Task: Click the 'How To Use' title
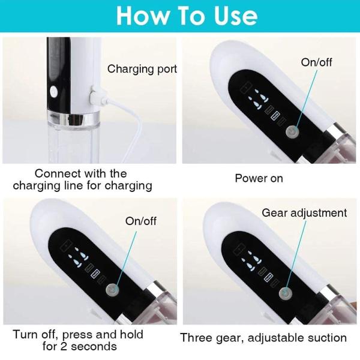[x=179, y=16]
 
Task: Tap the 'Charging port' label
[x=142, y=69]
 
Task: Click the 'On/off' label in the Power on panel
[x=316, y=62]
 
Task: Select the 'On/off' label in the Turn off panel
[x=140, y=221]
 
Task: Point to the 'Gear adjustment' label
[x=304, y=213]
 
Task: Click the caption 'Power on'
[x=259, y=178]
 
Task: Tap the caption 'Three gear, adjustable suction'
[x=263, y=338]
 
